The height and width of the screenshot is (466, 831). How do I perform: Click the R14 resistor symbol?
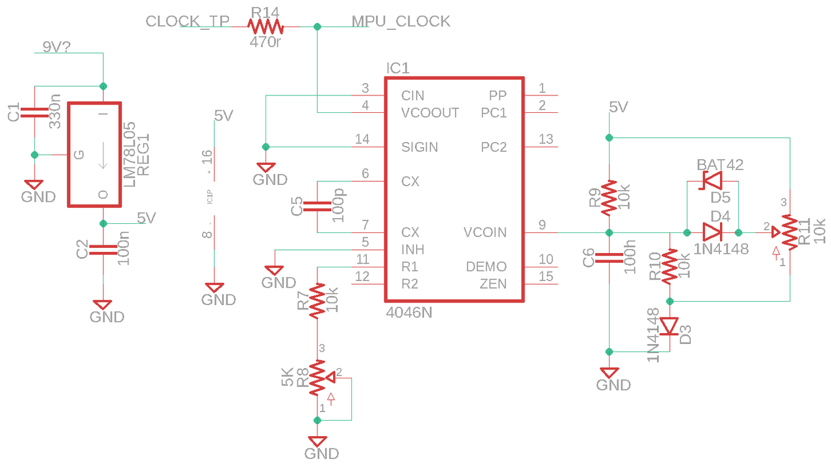point(266,27)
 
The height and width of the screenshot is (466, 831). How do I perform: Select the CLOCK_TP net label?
point(188,21)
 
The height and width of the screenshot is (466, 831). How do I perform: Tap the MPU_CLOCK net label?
point(401,21)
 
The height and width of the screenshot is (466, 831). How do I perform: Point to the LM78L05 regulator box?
point(95,154)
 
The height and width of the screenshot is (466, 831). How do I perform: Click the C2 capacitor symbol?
point(103,249)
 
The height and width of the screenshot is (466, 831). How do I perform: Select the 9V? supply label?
point(56,47)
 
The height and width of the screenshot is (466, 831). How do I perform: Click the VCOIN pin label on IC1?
point(485,232)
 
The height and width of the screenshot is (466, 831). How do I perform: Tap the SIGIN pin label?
point(419,147)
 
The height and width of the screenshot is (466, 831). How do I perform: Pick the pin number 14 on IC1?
point(362,140)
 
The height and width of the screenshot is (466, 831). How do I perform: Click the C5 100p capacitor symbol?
point(317,207)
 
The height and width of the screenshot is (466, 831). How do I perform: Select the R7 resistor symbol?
point(317,300)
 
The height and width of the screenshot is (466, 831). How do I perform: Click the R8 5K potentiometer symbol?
point(317,378)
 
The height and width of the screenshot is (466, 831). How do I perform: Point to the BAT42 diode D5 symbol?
point(712,182)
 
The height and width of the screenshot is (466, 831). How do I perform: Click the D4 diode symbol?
point(712,232)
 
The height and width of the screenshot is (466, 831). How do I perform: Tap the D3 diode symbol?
point(669,326)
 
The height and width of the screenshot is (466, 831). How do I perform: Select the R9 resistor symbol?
point(609,199)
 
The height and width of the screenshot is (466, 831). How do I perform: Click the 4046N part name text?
point(408,312)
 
